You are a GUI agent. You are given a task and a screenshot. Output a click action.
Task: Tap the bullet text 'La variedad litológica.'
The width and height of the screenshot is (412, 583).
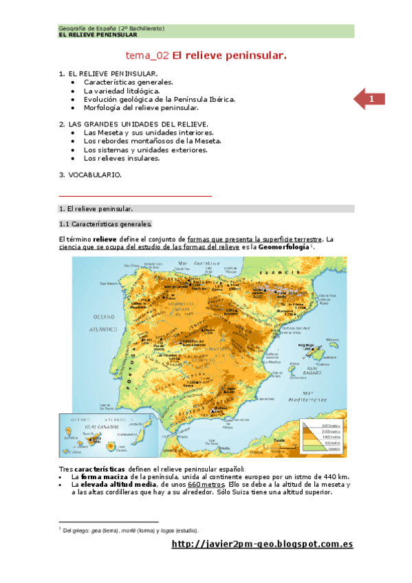pos(122,90)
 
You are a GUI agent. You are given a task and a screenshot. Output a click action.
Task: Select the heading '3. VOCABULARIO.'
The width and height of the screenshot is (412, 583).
pos(90,175)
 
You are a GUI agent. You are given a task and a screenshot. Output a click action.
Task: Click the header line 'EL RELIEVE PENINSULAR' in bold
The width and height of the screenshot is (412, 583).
pos(98,34)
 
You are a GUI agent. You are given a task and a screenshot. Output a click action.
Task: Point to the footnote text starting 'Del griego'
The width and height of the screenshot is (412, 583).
pos(131,531)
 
